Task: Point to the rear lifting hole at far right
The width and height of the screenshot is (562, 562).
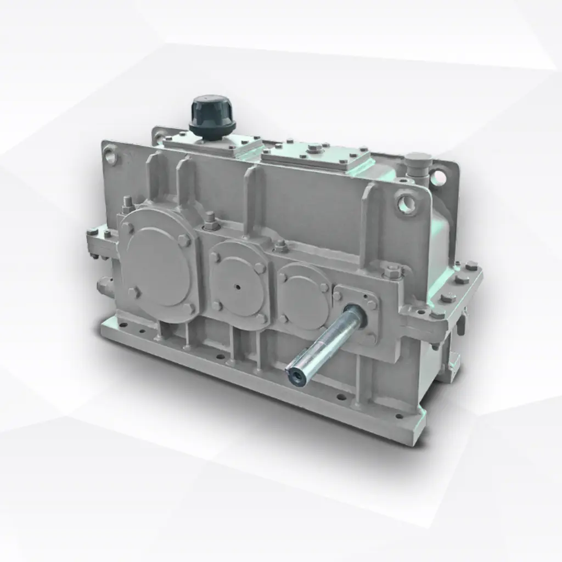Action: click(437, 177)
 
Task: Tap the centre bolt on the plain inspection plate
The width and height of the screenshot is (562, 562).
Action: click(314, 148)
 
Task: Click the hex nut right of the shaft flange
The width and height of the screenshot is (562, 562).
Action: click(393, 271)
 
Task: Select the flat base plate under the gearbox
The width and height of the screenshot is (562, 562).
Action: click(263, 379)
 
